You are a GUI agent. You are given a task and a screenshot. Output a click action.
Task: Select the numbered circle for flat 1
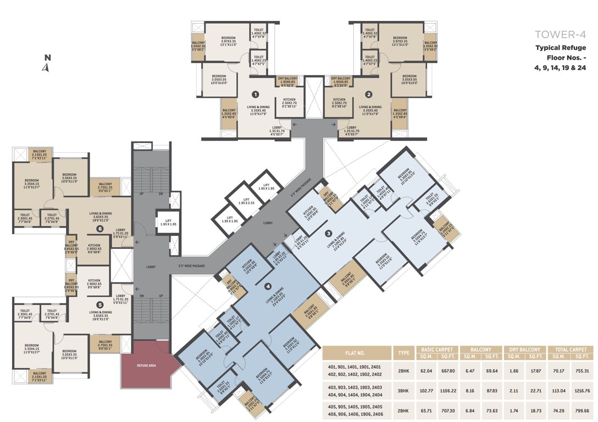(x=255, y=94)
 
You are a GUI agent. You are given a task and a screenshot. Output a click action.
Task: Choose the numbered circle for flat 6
(x=99, y=228)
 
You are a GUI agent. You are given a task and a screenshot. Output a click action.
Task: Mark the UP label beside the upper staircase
(x=141, y=193)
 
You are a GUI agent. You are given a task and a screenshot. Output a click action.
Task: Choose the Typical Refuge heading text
(x=560, y=48)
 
